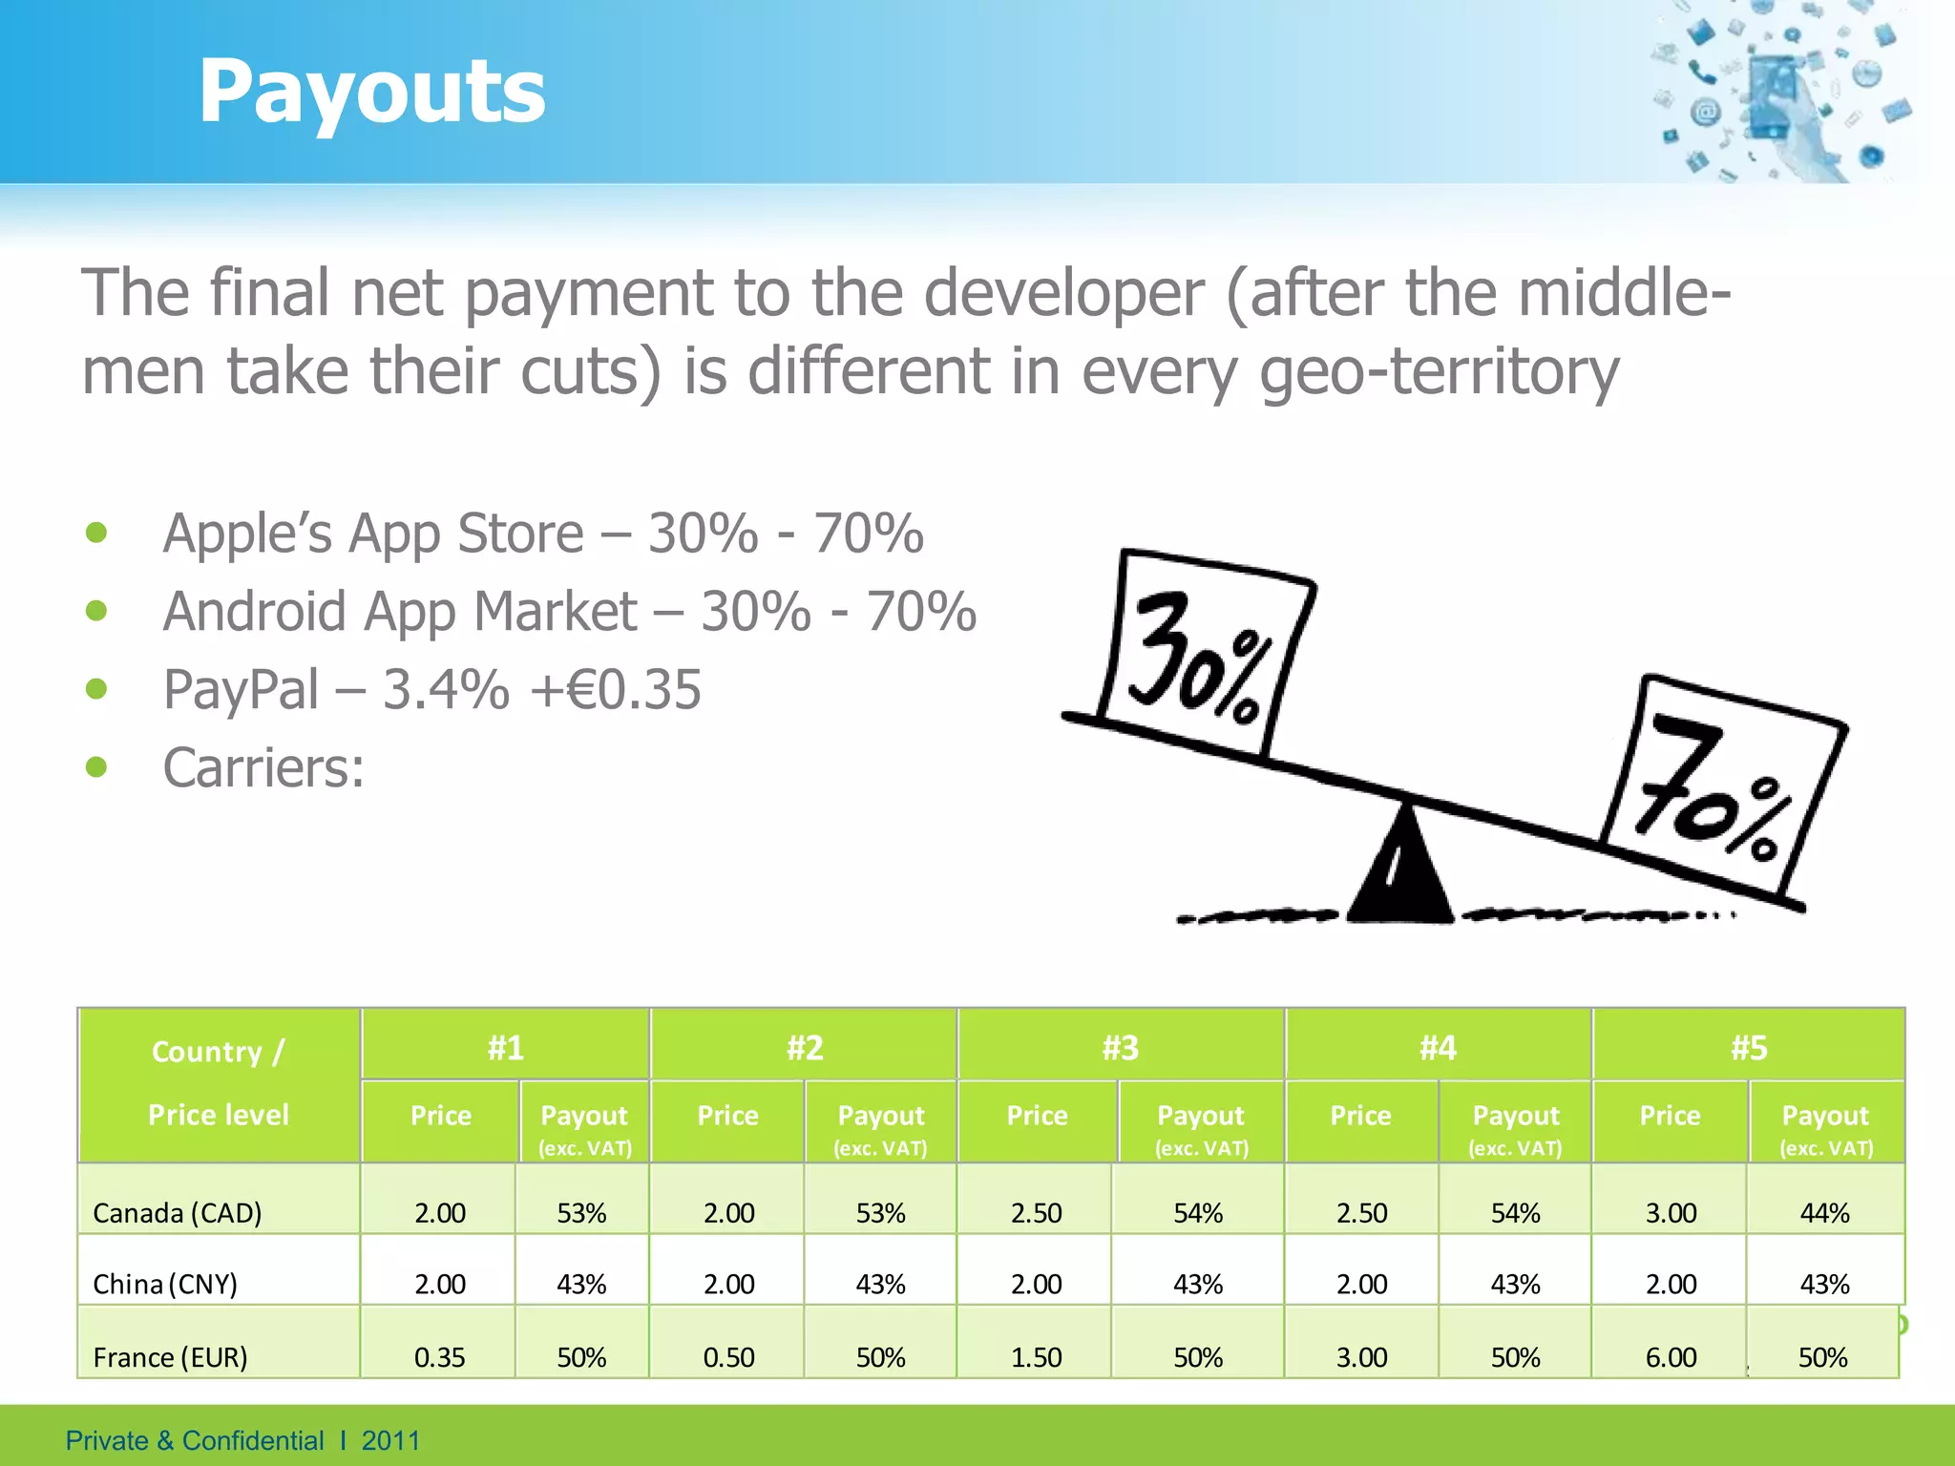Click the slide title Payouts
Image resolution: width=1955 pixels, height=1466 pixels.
coord(371,92)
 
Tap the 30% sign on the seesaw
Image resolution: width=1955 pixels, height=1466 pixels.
coord(1205,654)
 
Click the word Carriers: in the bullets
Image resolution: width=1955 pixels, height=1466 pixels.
coord(263,767)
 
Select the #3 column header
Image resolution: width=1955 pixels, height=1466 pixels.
coord(1121,1048)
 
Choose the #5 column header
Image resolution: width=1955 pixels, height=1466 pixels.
coord(1749,1048)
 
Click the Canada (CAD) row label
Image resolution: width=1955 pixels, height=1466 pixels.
coord(178,1213)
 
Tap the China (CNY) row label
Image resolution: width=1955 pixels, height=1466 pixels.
coord(165,1284)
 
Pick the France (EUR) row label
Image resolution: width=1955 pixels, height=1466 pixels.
coord(170,1357)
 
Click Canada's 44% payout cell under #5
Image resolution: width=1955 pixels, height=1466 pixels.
coord(1824,1213)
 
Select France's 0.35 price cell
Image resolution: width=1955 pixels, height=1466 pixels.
coord(439,1357)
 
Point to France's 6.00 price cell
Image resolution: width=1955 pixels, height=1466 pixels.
coord(1671,1357)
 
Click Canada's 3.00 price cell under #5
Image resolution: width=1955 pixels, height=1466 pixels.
coord(1671,1213)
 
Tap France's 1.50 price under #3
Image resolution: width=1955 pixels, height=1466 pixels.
coord(1036,1357)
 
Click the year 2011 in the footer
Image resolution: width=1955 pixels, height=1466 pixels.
coord(390,1440)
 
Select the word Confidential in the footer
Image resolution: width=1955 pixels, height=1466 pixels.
coord(253,1440)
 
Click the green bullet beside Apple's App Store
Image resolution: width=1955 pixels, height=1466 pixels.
coord(96,533)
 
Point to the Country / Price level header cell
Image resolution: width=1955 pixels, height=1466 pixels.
coord(219,1083)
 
